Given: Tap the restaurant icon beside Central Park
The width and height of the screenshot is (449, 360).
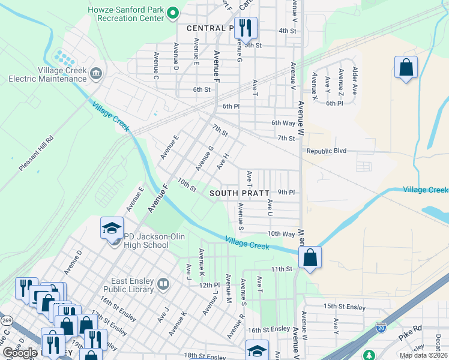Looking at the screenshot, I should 245,28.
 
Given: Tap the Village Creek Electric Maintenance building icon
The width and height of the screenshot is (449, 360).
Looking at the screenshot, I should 95,74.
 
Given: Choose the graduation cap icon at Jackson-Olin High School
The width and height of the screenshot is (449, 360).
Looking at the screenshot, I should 112,228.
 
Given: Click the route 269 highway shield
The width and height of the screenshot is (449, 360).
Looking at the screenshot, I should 7,321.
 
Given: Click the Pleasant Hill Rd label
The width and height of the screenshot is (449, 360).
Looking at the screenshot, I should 36,154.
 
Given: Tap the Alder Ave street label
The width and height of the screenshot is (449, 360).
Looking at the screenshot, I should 354,81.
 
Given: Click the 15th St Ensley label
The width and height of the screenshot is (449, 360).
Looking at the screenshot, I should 344,307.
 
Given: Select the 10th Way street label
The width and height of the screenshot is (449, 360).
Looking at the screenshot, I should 281,233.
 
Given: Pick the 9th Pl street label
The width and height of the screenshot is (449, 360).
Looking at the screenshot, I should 286,192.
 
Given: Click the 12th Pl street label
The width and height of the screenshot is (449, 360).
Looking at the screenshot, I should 210,285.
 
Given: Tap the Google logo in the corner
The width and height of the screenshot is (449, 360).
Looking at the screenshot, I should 20,353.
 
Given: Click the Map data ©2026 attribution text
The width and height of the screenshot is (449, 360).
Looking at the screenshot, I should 423,355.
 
